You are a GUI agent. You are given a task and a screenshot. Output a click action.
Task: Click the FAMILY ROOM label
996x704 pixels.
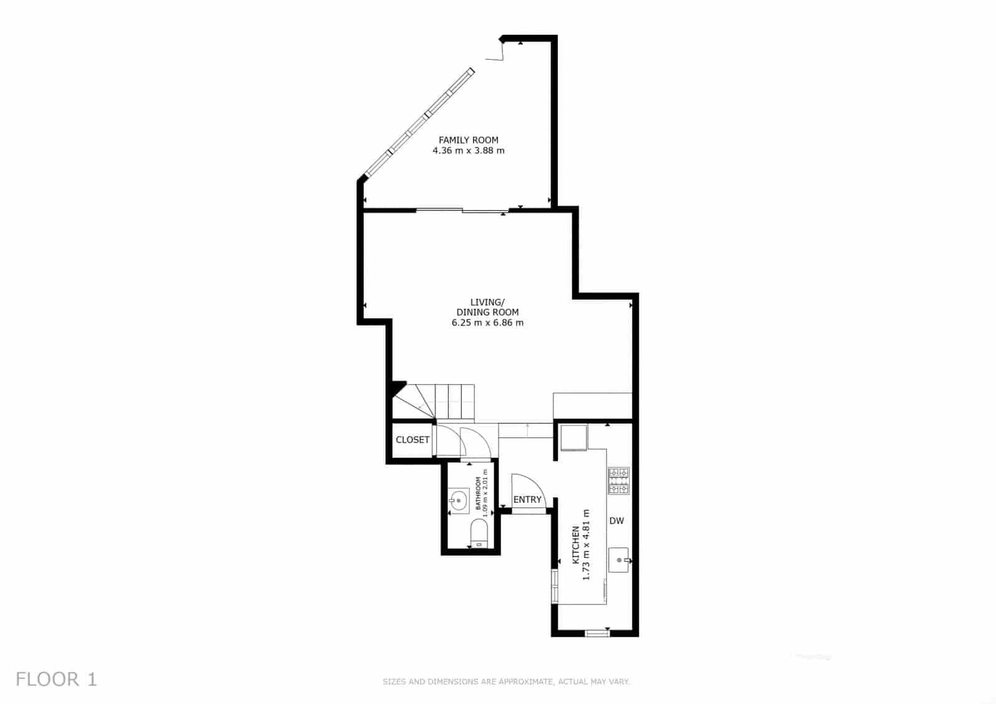coord(468,140)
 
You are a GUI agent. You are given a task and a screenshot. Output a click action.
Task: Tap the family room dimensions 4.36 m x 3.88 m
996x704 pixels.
coord(468,151)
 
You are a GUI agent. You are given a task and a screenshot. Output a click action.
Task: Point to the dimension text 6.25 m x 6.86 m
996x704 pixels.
coord(487,322)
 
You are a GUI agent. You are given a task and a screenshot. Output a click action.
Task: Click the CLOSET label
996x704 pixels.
coord(413,439)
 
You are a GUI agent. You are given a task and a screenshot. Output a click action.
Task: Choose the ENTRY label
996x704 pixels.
coord(527,499)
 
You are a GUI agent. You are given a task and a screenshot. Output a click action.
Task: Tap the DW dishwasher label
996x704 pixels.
coord(616,521)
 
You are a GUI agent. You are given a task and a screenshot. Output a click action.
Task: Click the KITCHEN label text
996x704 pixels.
coord(576,545)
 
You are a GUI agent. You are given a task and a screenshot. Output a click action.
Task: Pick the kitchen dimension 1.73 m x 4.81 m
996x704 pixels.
coord(586,545)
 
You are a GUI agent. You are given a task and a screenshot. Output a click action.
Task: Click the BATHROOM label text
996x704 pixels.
coord(478,494)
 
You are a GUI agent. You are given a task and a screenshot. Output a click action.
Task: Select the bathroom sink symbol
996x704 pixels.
coord(459,499)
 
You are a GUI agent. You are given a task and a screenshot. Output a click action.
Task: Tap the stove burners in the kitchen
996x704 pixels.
coord(619,481)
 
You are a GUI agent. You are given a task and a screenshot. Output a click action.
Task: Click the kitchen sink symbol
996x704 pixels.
coord(619,560)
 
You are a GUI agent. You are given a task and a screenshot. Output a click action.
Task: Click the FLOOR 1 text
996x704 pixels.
coord(57,679)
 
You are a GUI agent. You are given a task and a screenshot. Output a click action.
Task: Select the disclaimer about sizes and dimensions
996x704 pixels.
coord(506,682)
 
